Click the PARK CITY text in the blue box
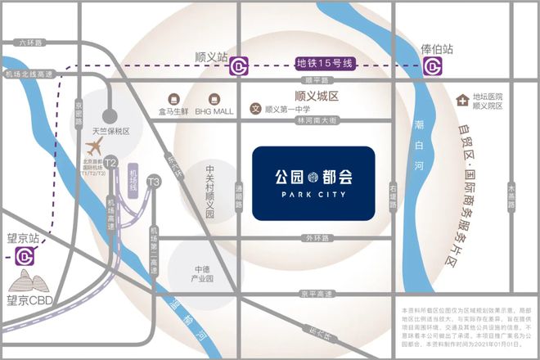coord(313,196)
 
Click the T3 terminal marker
coord(153,181)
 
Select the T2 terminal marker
coord(110,163)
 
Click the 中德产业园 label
coord(203,273)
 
